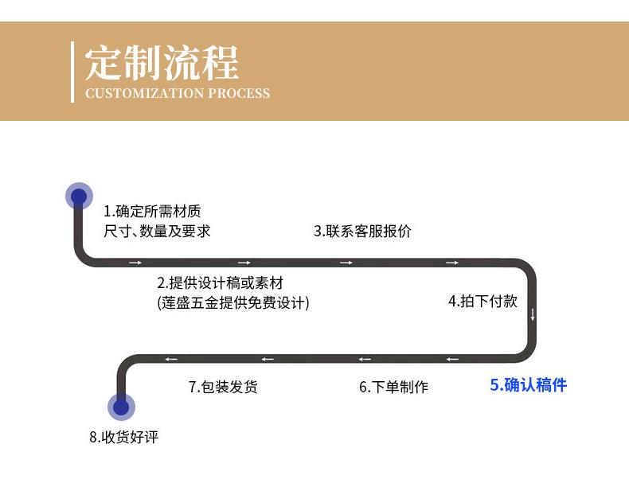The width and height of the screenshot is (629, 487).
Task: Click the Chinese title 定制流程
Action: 162,62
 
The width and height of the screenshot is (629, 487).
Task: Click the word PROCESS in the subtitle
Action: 239,94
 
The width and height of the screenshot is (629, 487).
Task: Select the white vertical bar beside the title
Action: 72,71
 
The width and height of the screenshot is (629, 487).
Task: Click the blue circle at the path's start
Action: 78,196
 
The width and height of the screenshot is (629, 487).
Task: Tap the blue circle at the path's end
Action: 121,407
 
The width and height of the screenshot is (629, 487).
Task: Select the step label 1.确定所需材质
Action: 152,212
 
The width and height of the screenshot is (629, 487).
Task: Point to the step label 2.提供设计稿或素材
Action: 220,282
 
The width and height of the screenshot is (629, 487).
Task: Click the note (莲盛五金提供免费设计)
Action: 233,302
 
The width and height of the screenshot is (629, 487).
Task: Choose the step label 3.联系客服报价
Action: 362,232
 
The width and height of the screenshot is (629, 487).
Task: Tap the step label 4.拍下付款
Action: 482,301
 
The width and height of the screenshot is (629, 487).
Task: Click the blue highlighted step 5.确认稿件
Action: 528,385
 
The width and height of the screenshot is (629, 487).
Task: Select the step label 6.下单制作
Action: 393,388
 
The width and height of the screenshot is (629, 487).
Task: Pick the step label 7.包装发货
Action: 223,388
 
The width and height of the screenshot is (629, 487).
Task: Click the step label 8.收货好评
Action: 123,438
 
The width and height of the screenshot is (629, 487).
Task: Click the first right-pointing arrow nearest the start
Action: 135,263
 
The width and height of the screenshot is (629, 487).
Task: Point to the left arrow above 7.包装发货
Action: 268,359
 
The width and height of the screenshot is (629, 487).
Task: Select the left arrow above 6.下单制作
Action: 364,359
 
